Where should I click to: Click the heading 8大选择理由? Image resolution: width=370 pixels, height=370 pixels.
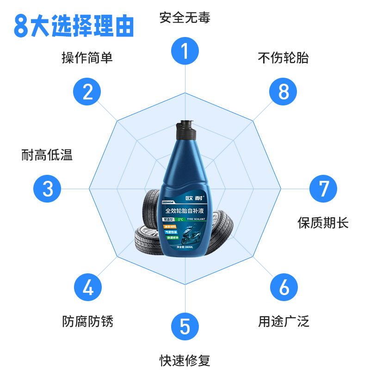click(x=74, y=26)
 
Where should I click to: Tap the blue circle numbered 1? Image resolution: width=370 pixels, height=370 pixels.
click(x=185, y=51)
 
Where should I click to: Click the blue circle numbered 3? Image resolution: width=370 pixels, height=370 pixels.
click(x=48, y=189)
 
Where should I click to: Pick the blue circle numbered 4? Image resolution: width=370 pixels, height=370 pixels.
click(x=88, y=287)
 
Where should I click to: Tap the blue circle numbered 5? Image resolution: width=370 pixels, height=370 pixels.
click(x=185, y=327)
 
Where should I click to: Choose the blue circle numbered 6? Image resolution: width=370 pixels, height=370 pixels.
click(x=284, y=287)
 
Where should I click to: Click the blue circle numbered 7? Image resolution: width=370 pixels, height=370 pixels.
click(x=323, y=189)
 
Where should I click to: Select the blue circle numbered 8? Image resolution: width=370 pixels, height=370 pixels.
click(x=284, y=92)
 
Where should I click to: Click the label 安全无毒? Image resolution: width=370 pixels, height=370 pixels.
click(x=185, y=18)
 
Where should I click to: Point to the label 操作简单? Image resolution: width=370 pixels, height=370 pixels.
click(x=87, y=58)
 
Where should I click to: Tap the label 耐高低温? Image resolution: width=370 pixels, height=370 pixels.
click(x=47, y=155)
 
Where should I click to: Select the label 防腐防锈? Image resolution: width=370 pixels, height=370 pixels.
click(x=88, y=321)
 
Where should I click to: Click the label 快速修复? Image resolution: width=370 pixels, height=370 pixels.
click(x=185, y=360)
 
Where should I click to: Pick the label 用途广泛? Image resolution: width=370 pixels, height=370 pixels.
click(x=284, y=321)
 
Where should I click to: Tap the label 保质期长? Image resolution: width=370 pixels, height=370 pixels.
click(x=323, y=223)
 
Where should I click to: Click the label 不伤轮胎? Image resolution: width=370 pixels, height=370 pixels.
click(x=283, y=58)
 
